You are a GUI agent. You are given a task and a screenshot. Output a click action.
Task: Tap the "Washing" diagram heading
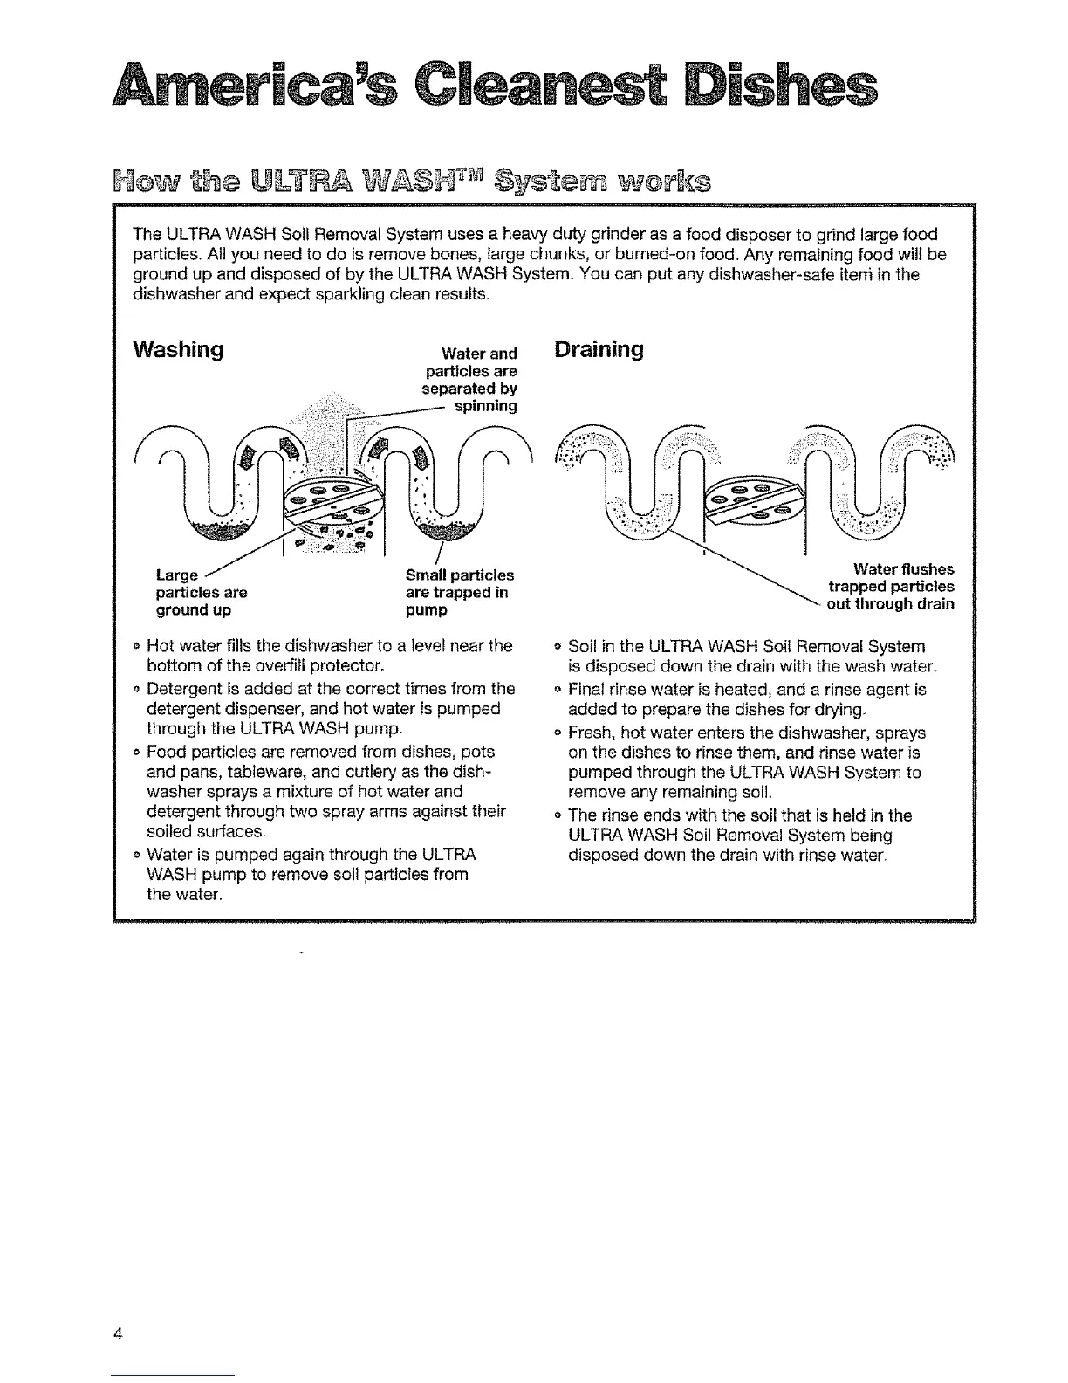point(177,350)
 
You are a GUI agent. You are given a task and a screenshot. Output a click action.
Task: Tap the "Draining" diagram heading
point(599,350)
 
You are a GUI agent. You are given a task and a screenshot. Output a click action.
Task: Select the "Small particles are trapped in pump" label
point(458,592)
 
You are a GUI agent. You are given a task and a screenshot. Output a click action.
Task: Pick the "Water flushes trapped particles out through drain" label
point(890,586)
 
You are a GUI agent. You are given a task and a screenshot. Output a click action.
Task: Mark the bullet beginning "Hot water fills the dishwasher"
point(328,656)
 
